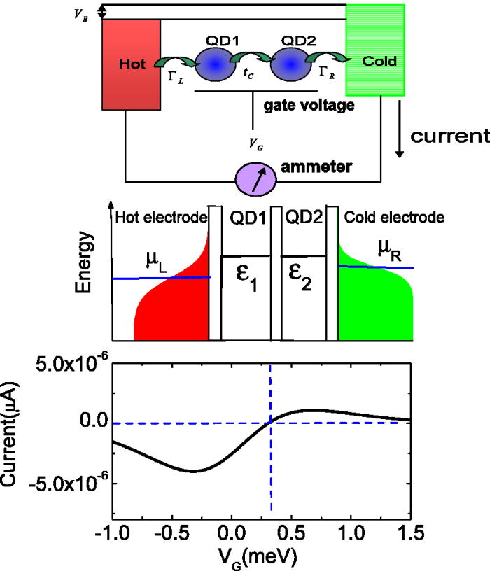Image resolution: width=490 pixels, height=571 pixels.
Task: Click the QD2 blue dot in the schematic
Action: (296, 65)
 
